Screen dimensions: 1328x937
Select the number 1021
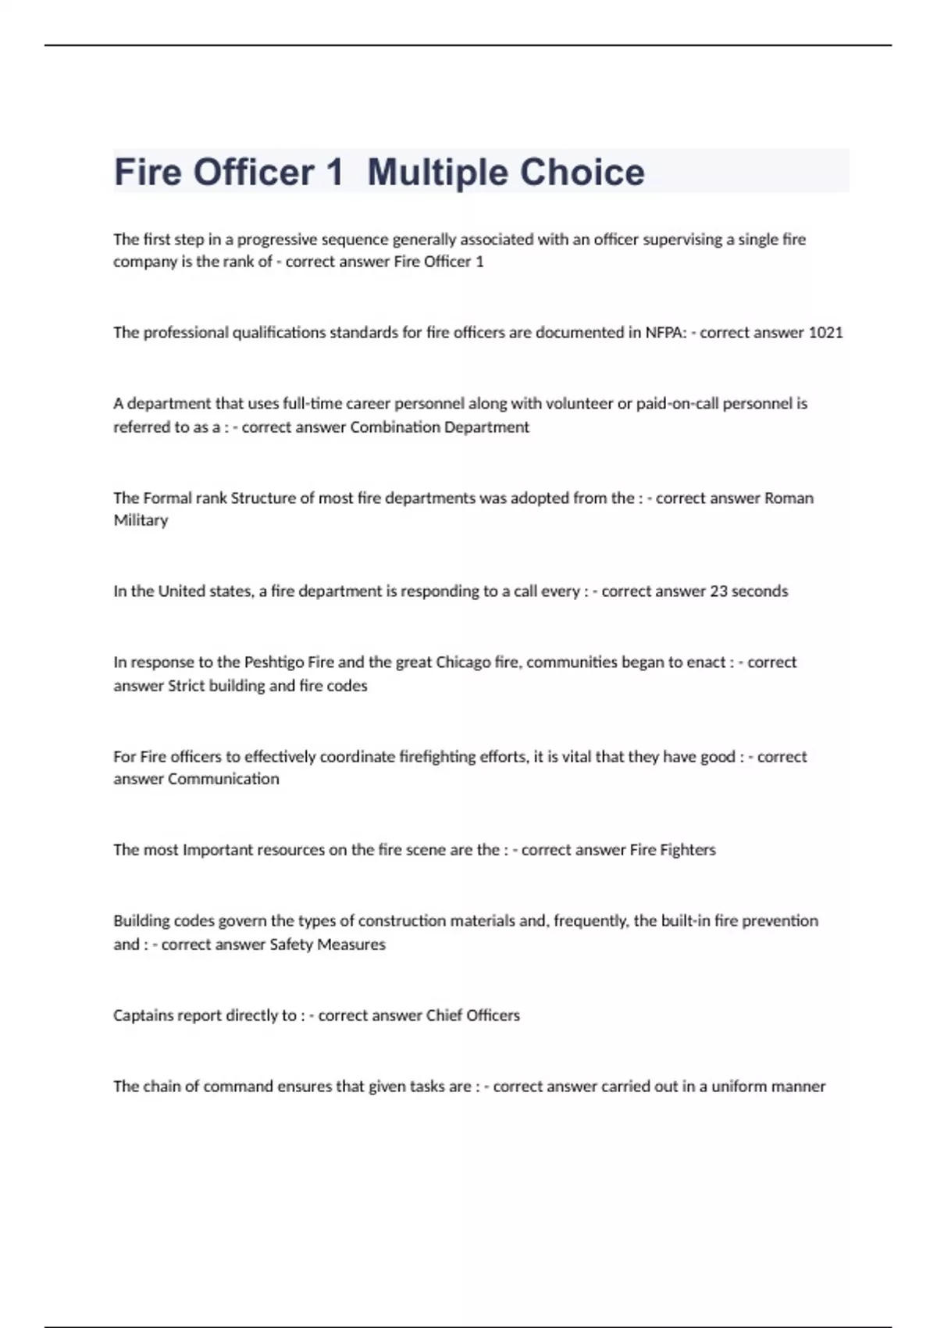point(825,333)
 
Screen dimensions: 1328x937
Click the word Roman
point(789,498)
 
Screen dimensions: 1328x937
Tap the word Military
point(141,520)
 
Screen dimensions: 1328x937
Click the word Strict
point(186,686)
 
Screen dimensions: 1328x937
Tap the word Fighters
point(688,850)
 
